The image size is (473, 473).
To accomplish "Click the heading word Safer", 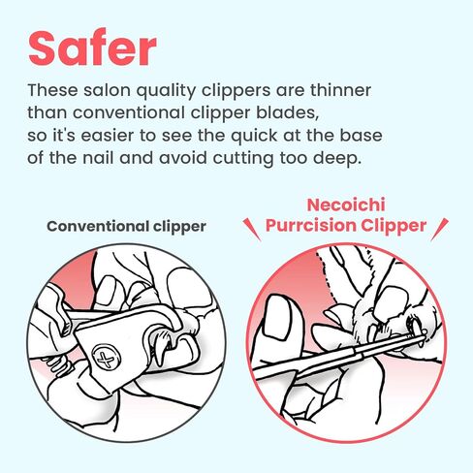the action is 92,48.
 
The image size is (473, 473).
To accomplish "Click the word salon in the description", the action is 107,90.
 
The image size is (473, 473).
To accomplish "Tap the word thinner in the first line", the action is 340,90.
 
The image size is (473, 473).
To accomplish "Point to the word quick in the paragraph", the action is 254,136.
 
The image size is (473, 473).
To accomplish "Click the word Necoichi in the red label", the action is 346,205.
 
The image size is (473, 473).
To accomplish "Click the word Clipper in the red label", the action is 394,225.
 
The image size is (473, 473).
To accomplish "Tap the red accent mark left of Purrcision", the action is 251,229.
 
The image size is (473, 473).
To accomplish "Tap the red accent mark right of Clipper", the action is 440,229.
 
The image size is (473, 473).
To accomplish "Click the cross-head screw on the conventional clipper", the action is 106,358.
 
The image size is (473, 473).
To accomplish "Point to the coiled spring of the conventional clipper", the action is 60,365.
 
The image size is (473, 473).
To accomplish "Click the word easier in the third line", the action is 107,136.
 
